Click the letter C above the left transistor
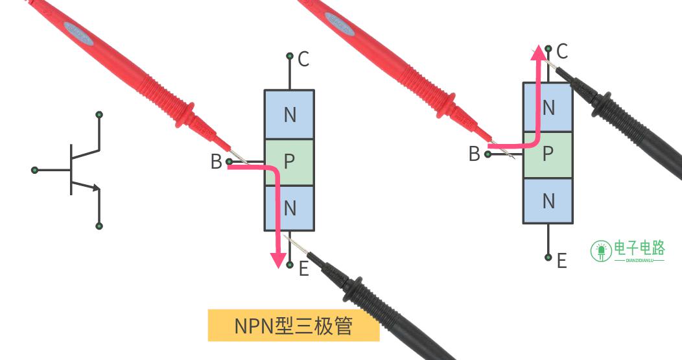[x=303, y=59]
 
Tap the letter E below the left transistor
[x=303, y=268]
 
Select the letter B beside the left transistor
[x=216, y=162]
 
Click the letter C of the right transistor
[x=562, y=51]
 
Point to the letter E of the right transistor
[x=562, y=261]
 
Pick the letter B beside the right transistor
[x=474, y=154]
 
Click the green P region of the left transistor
[x=289, y=162]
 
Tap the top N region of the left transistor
[x=289, y=114]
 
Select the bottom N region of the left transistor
[x=289, y=208]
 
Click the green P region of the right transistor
[x=548, y=154]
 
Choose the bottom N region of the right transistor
[x=548, y=200]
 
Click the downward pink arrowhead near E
[x=278, y=260]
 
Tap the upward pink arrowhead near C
[x=539, y=53]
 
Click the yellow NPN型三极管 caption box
[x=294, y=325]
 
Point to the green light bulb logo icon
[x=601, y=251]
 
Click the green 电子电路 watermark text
[x=639, y=248]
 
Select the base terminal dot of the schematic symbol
[x=35, y=170]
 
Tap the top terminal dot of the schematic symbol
[x=99, y=115]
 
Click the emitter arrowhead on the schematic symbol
[x=96, y=187]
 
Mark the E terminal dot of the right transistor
[x=548, y=258]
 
